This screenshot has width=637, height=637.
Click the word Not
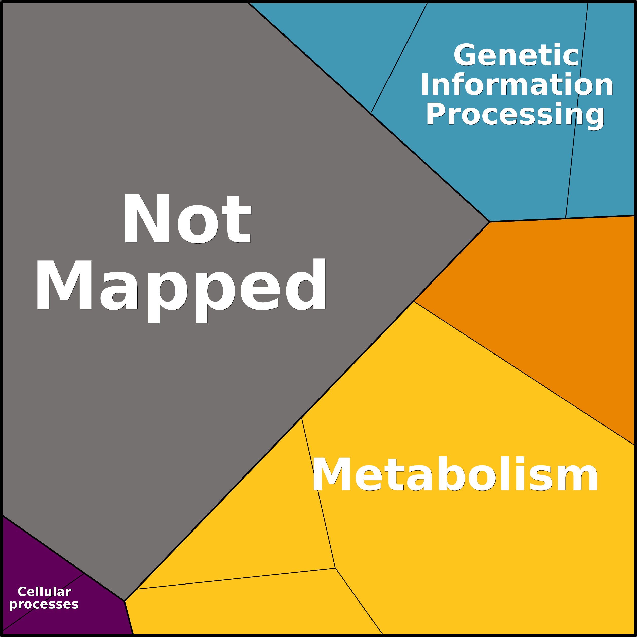(x=187, y=218)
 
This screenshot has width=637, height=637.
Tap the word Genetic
(x=516, y=55)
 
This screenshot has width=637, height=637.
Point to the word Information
(x=516, y=84)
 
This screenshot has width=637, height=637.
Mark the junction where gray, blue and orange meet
(x=490, y=222)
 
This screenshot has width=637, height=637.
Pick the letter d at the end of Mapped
(x=306, y=284)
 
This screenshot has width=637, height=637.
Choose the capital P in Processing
(x=436, y=113)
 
